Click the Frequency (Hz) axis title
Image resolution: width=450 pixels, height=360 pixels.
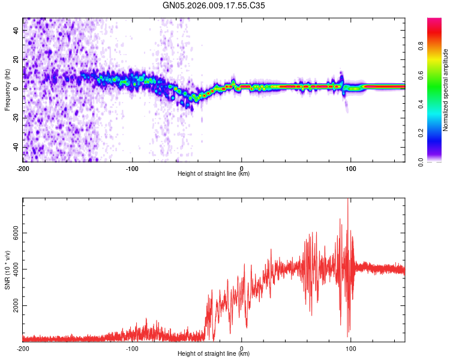pyautogui.click(x=7, y=90)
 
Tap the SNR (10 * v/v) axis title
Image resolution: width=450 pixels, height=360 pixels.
pyautogui.click(x=7, y=270)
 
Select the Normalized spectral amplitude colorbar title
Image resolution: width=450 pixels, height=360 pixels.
pyautogui.click(x=445, y=90)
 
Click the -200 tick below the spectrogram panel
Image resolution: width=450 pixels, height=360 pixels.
pyautogui.click(x=23, y=167)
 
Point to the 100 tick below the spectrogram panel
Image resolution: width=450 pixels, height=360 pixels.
pyautogui.click(x=350, y=167)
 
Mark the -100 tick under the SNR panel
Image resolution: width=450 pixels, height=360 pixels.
pyautogui.click(x=132, y=348)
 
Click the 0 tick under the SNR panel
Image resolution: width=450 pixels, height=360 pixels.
pyautogui.click(x=242, y=348)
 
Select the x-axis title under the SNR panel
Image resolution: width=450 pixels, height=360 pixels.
pyautogui.click(x=214, y=354)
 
